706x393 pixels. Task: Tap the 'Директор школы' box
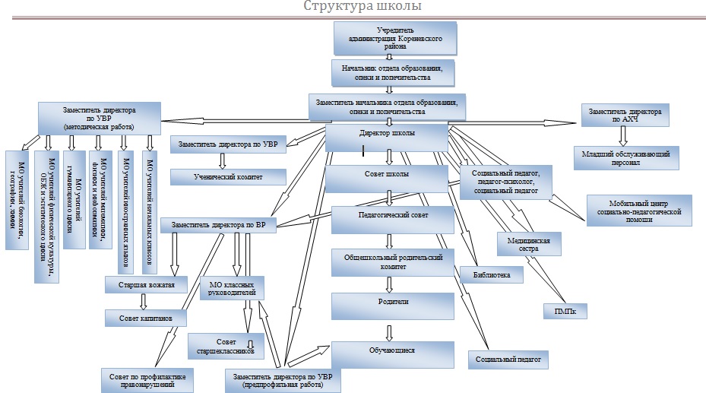[x=386, y=138]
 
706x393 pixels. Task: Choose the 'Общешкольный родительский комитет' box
[x=392, y=262]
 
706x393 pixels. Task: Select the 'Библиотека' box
[x=491, y=273]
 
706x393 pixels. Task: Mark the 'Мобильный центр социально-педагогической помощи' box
[x=639, y=211]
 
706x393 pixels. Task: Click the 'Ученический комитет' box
[x=228, y=176]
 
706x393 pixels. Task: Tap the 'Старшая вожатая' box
[x=146, y=285]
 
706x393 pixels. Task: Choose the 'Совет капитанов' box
[x=146, y=316]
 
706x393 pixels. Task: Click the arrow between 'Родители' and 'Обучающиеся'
[x=391, y=331]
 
